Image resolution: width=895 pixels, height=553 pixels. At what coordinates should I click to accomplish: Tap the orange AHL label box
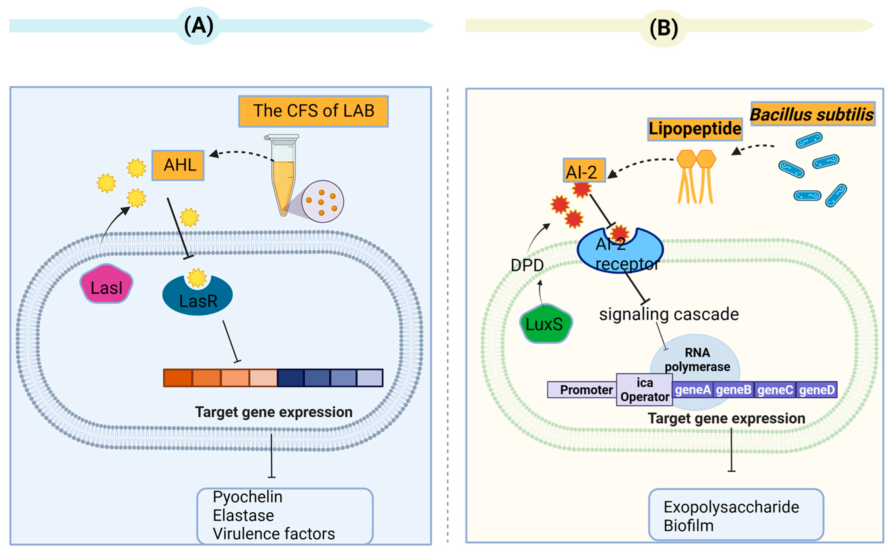178,165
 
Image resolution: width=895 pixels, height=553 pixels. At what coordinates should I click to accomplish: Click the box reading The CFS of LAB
313,111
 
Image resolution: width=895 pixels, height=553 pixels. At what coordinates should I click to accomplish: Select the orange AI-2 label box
584,170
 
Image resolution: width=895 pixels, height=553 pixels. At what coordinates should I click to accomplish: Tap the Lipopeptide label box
695,129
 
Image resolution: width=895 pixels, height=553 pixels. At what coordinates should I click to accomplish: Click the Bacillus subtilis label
812,114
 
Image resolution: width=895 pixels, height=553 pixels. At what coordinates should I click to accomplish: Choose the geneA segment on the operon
693,390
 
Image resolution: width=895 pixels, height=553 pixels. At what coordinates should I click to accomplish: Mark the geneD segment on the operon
816,390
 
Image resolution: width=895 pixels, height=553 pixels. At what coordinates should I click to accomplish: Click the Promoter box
586,390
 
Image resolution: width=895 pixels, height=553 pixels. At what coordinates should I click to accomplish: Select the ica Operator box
644,390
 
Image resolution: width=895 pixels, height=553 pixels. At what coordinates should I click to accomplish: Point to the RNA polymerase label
697,360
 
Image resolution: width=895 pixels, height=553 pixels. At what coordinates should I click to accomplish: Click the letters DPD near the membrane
527,265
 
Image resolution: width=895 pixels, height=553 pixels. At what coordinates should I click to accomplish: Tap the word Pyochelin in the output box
247,497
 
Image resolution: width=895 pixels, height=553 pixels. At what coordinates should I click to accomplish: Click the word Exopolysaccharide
731,507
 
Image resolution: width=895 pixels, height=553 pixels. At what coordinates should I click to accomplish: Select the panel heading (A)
198,25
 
